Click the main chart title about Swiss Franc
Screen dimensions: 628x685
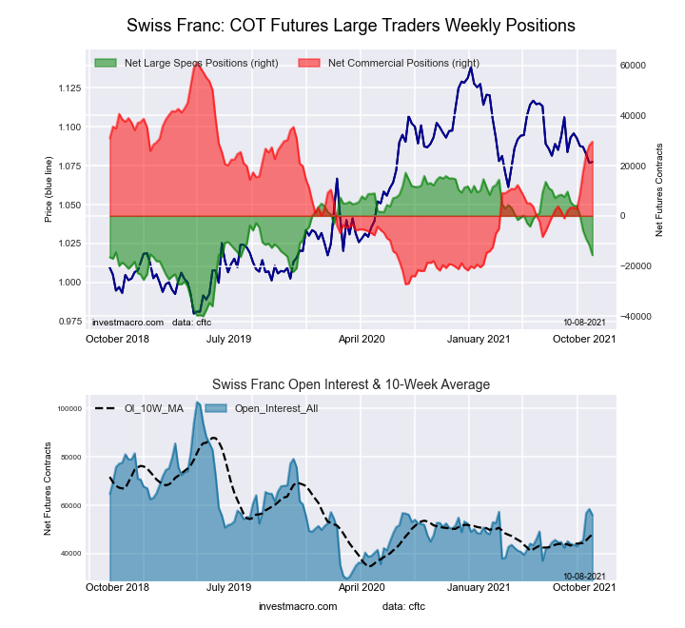coord(351,25)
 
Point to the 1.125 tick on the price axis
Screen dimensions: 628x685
coord(68,88)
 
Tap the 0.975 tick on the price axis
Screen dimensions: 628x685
coord(68,322)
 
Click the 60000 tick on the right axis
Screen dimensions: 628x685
coord(634,66)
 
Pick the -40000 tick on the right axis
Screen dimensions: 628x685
coord(633,317)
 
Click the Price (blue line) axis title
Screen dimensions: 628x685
coord(49,191)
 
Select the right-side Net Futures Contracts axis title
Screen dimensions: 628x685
coord(659,191)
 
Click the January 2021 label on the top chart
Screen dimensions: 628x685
coord(478,338)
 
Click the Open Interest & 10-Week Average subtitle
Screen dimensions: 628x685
coord(350,384)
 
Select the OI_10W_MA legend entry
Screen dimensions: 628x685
coord(144,409)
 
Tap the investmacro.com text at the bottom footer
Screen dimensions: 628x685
coord(298,606)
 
